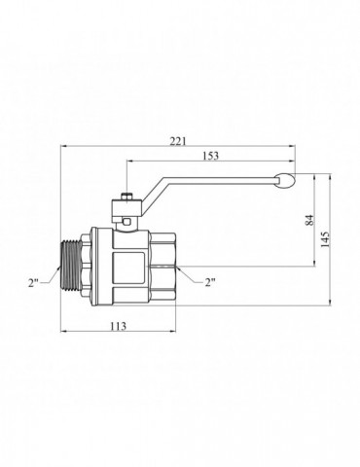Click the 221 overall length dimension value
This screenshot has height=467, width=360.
(178, 141)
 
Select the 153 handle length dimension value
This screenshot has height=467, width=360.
(210, 156)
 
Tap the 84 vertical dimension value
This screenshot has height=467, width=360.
(310, 220)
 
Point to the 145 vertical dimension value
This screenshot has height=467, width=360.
(325, 239)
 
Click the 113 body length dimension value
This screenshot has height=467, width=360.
(118, 326)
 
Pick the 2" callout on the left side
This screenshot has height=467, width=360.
(33, 283)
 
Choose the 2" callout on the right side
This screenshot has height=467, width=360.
(210, 282)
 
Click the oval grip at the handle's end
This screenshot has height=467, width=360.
(285, 181)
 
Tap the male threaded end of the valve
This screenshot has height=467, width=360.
(70, 267)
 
